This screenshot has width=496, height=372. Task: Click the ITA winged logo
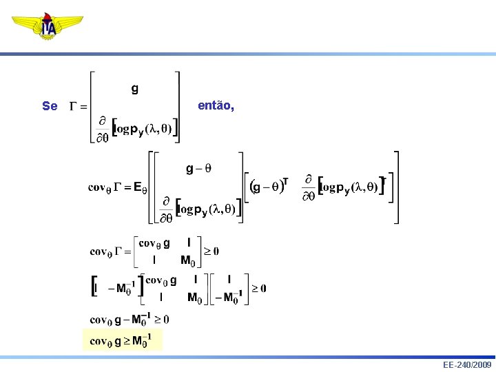(48, 26)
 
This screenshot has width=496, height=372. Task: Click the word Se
(50, 106)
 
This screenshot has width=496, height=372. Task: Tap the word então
(216, 106)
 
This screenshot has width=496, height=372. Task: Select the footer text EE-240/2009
(468, 364)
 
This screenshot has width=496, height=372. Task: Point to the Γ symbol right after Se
(74, 106)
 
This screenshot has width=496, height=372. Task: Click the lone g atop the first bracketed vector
(134, 88)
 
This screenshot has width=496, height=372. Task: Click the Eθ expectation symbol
(140, 187)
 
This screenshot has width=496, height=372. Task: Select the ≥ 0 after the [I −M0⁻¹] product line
(259, 288)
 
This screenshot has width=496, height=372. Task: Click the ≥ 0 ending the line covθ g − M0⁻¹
(161, 320)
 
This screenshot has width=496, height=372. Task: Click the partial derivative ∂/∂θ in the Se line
(102, 129)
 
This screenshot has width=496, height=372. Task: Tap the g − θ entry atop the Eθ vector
(199, 168)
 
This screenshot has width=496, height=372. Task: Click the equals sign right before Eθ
(127, 187)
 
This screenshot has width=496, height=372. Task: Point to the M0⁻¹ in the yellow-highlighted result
(143, 340)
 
